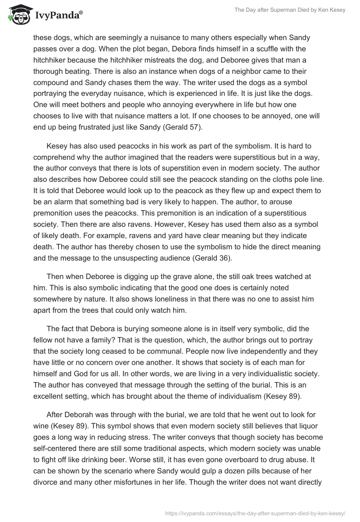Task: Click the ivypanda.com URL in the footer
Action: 256,512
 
